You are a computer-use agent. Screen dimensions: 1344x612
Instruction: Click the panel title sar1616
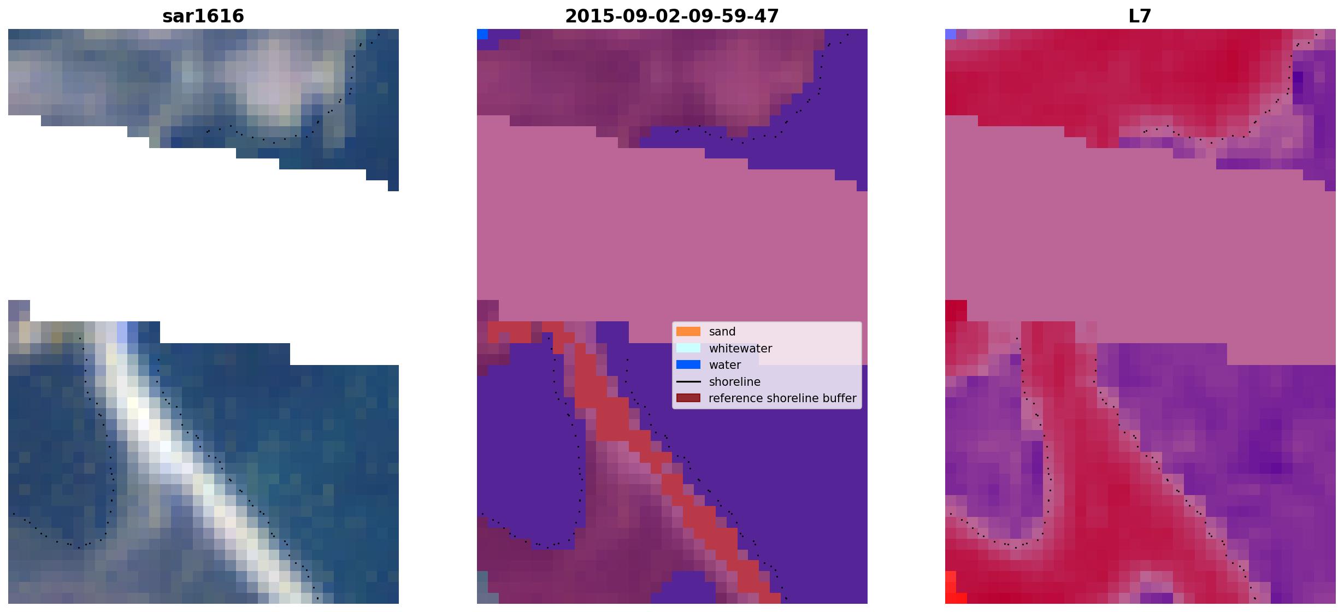click(203, 16)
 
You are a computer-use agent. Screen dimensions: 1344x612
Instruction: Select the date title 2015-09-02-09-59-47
click(672, 16)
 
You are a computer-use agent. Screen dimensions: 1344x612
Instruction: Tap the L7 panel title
click(1140, 16)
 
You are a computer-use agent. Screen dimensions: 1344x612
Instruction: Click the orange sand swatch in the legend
click(688, 332)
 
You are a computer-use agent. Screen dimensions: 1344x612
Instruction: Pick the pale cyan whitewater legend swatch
click(688, 348)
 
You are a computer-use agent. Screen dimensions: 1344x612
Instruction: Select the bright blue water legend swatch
click(688, 364)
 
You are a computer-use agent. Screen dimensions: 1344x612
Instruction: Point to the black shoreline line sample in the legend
click(688, 381)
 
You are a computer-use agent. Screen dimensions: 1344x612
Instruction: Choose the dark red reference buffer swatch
click(688, 398)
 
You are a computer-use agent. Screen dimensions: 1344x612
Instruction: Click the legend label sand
click(722, 332)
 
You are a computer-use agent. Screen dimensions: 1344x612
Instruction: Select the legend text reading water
click(725, 365)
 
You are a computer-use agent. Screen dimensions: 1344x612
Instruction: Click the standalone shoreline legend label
click(735, 382)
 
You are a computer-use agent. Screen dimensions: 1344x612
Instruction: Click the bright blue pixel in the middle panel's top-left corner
click(482, 34)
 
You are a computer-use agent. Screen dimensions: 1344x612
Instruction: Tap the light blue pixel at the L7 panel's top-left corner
click(951, 34)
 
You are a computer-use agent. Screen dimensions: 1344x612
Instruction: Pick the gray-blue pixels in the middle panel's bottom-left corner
click(482, 587)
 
